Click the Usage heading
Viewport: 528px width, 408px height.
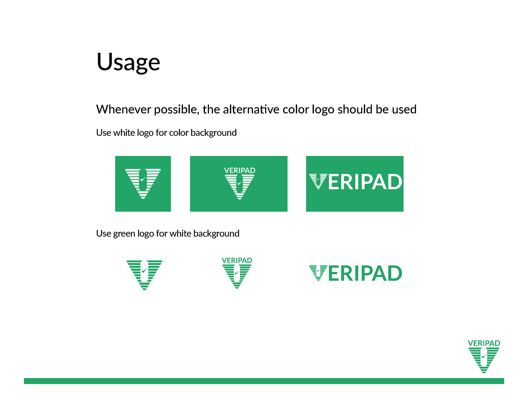point(128,62)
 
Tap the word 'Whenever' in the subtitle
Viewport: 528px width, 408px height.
point(120,109)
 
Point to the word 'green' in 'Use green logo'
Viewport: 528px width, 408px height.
point(124,234)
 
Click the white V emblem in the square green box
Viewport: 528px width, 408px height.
point(143,183)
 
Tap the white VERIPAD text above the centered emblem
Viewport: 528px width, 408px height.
point(240,170)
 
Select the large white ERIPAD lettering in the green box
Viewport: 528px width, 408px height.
point(365,182)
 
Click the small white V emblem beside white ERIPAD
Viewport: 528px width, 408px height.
point(318,181)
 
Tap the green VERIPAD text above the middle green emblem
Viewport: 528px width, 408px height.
point(237,260)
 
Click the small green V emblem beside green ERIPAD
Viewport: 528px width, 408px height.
point(318,273)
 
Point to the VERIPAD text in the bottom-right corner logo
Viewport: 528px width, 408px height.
point(484,343)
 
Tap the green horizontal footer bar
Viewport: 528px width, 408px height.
point(264,381)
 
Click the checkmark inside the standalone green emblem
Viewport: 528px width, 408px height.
point(144,271)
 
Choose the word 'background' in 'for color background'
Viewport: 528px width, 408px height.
point(213,133)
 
